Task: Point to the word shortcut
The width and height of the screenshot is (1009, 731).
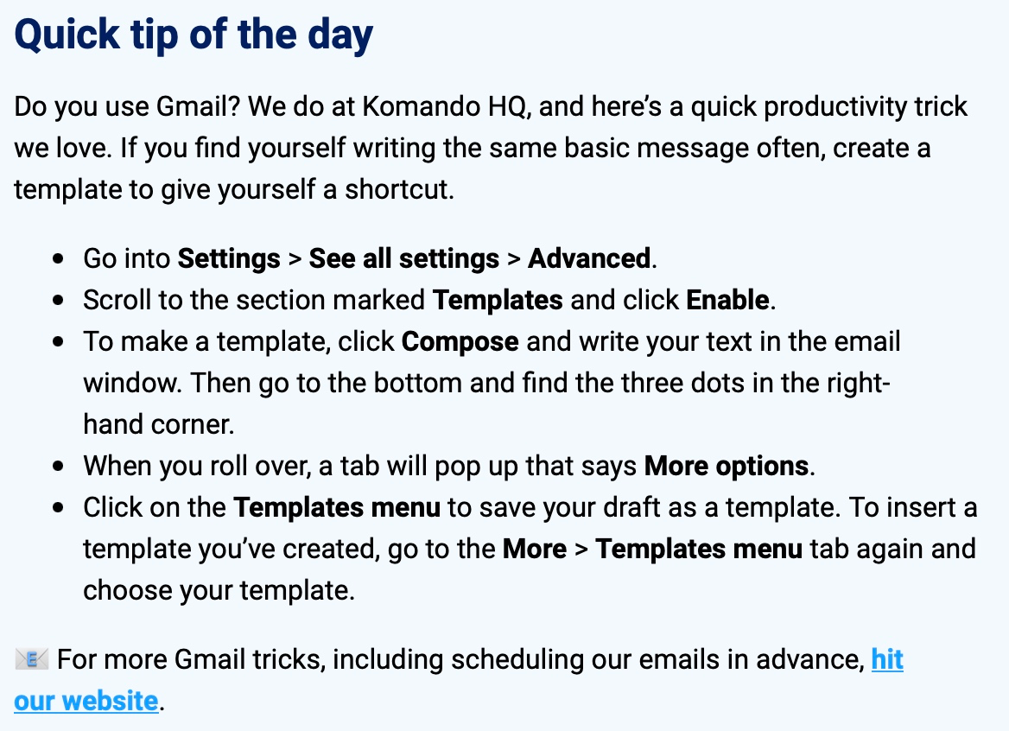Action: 399,189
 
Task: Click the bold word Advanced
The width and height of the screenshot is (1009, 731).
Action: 589,258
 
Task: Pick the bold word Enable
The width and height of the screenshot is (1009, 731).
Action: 727,300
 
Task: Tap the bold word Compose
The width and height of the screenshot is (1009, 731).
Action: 460,342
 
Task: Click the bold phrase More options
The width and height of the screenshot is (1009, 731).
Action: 727,467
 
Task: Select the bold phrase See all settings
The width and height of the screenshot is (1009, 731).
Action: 404,259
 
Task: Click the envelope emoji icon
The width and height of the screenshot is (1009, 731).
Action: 31,659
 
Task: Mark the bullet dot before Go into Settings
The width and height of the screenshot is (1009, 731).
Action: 59,259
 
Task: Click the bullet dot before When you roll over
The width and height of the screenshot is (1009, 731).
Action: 59,467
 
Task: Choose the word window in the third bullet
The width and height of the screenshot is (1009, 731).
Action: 132,383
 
